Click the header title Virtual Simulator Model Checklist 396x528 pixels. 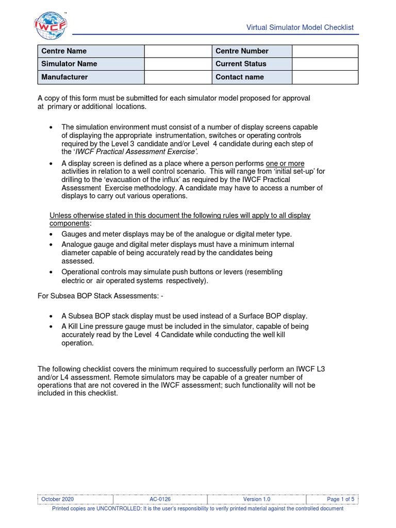300,27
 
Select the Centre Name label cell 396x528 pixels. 91,51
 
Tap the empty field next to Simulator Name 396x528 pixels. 178,64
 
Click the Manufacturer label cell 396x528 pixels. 91,77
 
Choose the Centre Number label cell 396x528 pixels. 252,51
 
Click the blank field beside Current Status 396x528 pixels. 325,64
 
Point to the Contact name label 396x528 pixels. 239,77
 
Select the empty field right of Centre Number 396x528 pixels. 325,51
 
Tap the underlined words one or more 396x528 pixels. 285,163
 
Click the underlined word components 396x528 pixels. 69,223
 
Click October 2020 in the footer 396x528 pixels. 58,500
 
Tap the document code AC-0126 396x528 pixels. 160,500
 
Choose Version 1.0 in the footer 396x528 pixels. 256,500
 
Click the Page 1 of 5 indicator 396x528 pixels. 340,500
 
